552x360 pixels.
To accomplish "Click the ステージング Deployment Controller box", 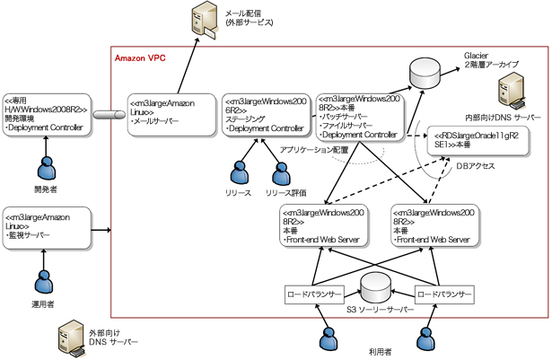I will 264,114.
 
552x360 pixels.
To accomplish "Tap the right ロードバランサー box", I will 442,294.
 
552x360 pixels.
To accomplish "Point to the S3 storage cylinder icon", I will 375,289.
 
